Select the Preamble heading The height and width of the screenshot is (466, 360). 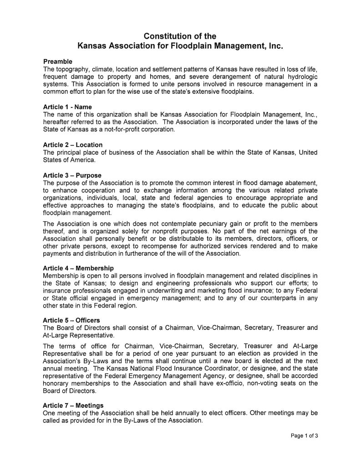(x=57, y=61)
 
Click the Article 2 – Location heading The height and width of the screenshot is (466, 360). (x=72, y=145)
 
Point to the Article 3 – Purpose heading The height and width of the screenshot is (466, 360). (x=72, y=175)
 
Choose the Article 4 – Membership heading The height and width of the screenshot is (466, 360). (x=78, y=268)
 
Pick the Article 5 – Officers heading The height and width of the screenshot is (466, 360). (x=71, y=320)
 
